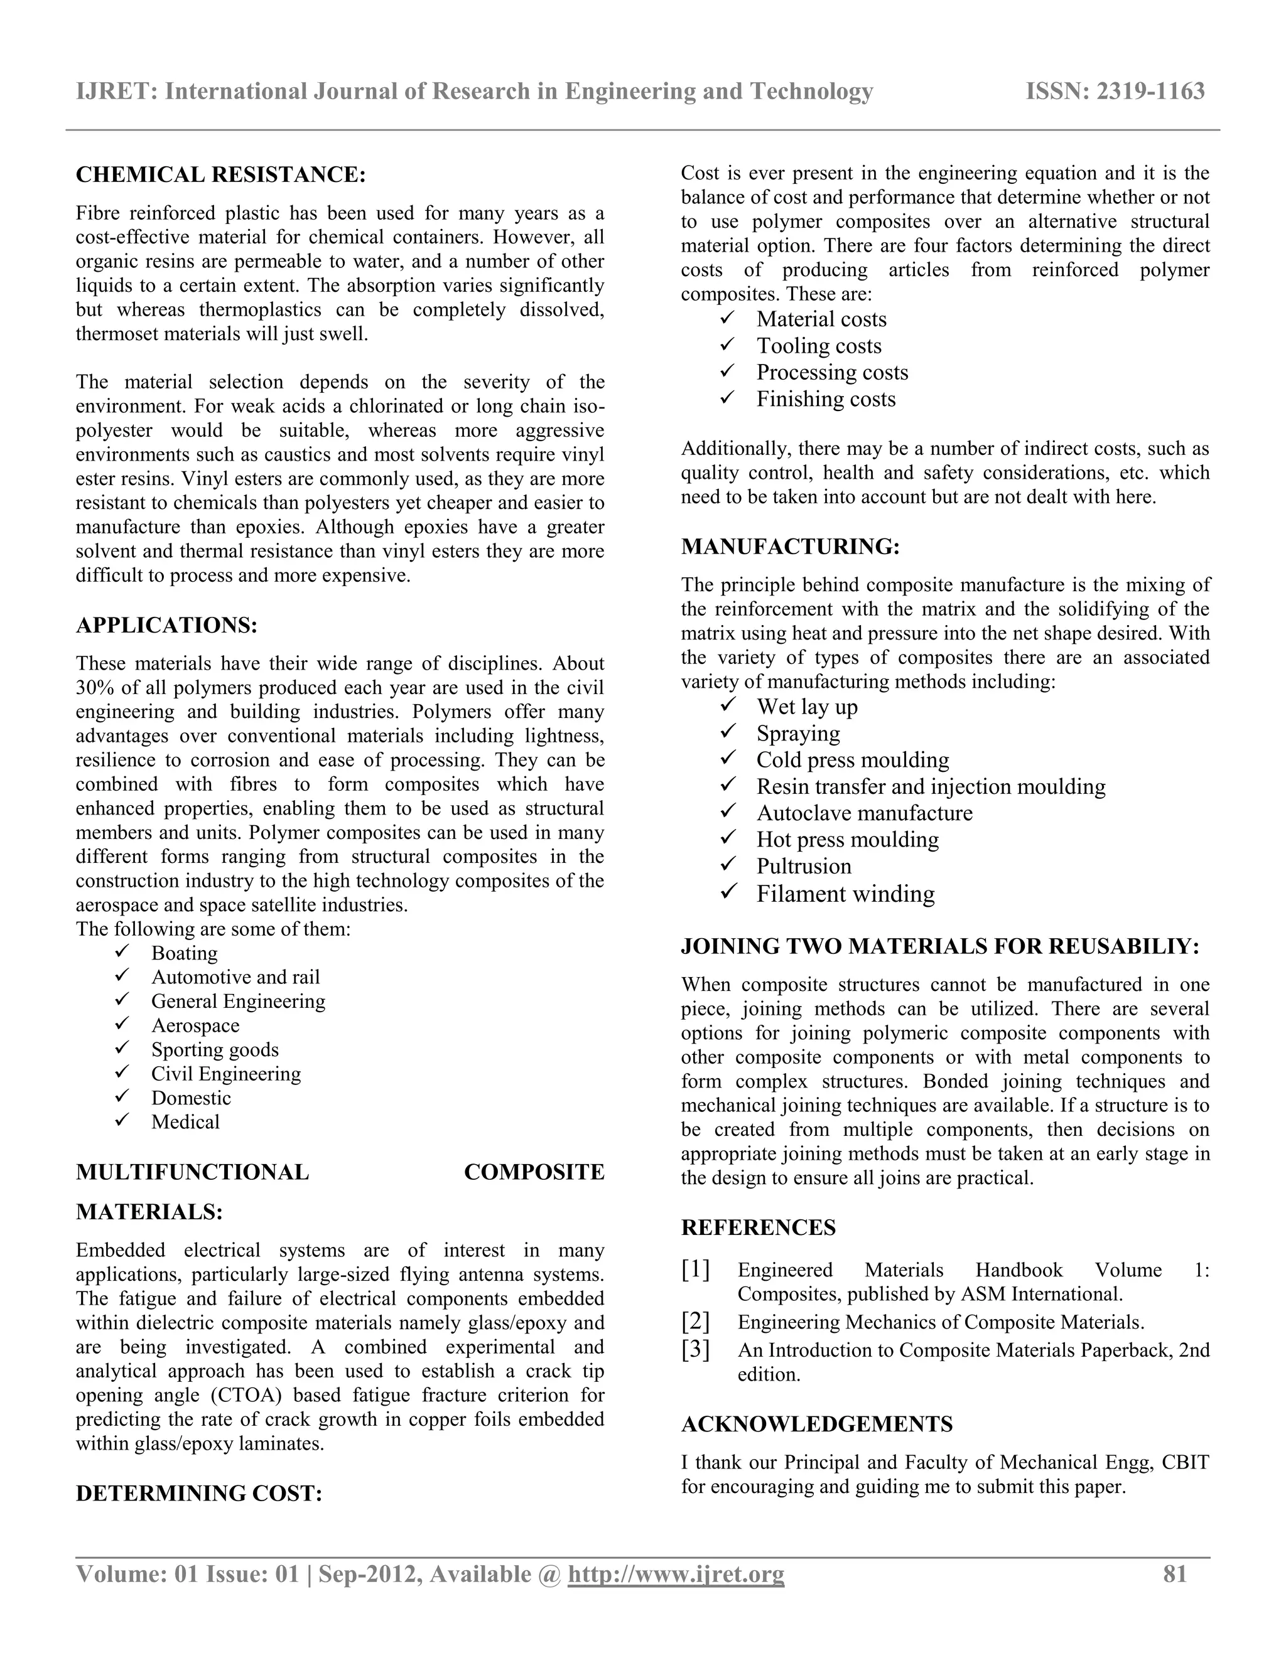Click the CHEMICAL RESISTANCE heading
(221, 175)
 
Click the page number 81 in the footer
(1175, 1574)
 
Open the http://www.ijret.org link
(676, 1575)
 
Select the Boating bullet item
(185, 953)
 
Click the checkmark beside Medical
(122, 1121)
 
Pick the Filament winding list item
(845, 894)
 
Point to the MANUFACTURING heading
(790, 547)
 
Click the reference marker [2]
(696, 1321)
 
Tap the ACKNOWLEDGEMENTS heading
(817, 1424)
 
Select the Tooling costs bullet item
(819, 346)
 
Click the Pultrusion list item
(804, 867)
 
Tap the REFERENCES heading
(758, 1227)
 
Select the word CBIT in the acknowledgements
(1187, 1462)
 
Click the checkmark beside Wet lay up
(728, 706)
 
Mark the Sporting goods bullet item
(215, 1049)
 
